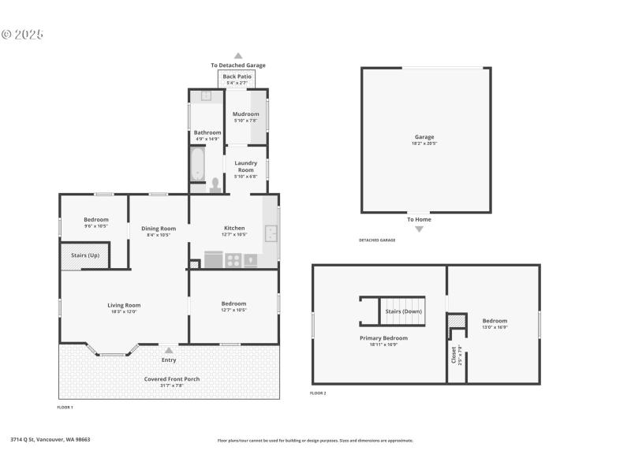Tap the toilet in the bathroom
(215, 184)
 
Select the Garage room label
(425, 140)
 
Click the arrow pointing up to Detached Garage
(237, 56)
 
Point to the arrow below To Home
(419, 229)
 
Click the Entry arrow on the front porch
(169, 351)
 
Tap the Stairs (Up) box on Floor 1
(84, 255)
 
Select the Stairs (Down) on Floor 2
(403, 311)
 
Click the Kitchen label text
(234, 228)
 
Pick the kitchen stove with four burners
(234, 259)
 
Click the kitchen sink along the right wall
(271, 233)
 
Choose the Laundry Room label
(246, 166)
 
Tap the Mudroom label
(246, 114)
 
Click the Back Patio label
(237, 76)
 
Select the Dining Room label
(159, 229)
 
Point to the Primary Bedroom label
(383, 338)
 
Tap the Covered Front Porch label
(171, 379)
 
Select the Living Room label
(124, 305)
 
